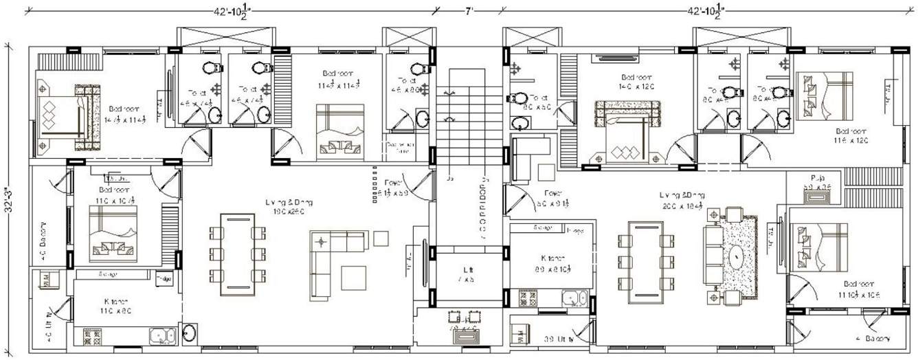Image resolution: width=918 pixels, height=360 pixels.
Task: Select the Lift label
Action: point(467,273)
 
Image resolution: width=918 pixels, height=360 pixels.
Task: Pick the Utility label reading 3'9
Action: point(559,339)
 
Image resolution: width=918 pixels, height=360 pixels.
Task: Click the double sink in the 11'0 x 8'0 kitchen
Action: point(162,337)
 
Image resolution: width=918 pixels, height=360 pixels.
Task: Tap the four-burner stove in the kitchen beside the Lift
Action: point(528,298)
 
